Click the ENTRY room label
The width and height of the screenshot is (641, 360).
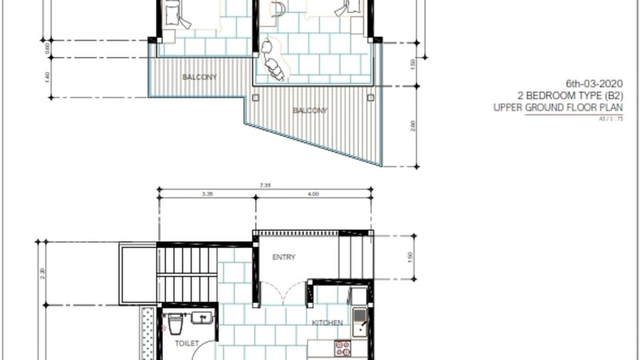tap(284, 257)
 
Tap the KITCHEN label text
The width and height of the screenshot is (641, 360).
tap(327, 323)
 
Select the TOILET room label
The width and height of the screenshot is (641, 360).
tap(186, 343)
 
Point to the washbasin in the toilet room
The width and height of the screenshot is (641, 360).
tap(203, 318)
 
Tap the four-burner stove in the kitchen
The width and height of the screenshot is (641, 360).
tap(342, 349)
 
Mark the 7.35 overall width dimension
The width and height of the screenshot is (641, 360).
tap(266, 186)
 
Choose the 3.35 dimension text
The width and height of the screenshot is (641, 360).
tap(207, 194)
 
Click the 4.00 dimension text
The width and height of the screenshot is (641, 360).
tap(313, 194)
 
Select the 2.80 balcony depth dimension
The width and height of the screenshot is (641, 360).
tap(413, 126)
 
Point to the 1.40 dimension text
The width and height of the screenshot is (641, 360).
tap(47, 77)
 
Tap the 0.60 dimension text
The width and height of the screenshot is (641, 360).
tap(47, 49)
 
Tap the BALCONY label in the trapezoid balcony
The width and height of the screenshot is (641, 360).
tap(310, 111)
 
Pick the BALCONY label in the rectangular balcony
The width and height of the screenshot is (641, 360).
tap(200, 77)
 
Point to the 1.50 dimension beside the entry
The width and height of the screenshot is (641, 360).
tap(409, 257)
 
